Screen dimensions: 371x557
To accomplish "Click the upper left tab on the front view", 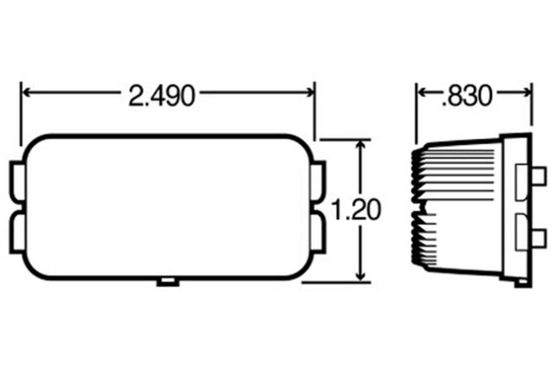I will [x=17, y=179].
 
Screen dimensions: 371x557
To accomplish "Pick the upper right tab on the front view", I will [x=319, y=179].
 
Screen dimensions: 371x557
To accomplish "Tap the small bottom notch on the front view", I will [x=168, y=282].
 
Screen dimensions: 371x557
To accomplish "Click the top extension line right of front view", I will [x=344, y=140].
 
